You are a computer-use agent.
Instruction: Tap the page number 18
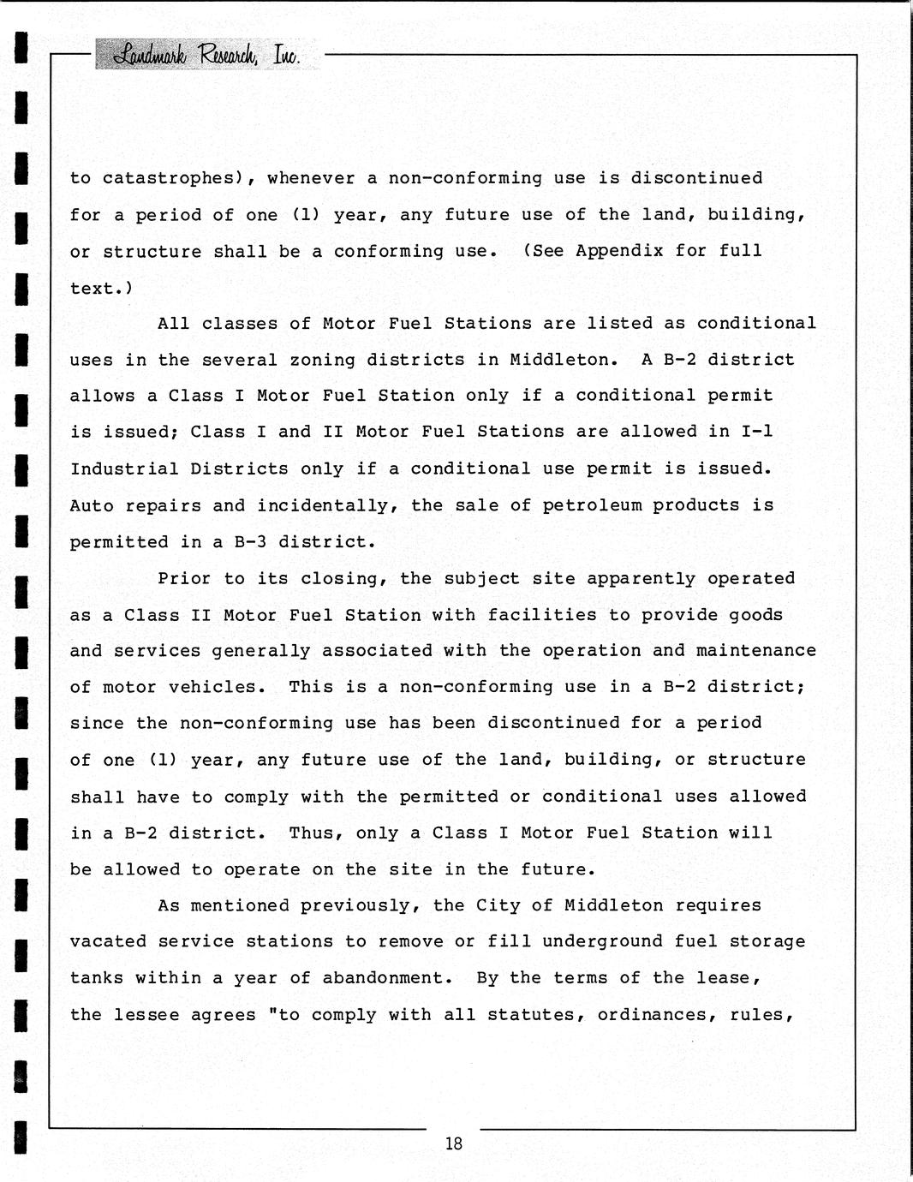coord(453,1143)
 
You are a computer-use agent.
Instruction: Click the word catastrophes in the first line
coord(168,178)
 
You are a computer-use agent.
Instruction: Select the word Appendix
coord(619,251)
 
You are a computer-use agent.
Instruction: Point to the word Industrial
coord(124,469)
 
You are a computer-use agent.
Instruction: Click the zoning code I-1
coord(756,432)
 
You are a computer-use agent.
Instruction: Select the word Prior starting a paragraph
coord(184,578)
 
